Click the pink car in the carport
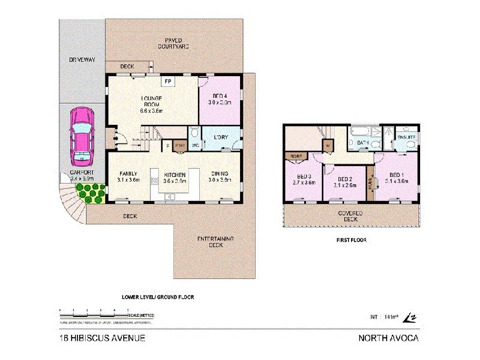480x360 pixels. tap(82, 136)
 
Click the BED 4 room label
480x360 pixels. tap(219, 99)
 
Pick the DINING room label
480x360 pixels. tap(220, 175)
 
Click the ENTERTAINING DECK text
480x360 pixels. tap(216, 242)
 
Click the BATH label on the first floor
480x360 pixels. tap(362, 143)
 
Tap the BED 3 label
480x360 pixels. tap(302, 179)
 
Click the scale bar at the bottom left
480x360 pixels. tap(96, 314)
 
